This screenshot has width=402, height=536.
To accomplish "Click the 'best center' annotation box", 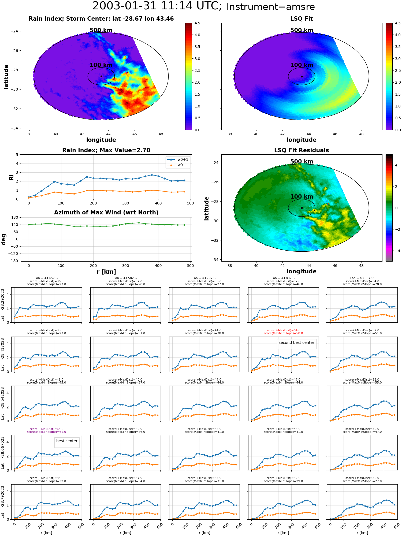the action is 67,441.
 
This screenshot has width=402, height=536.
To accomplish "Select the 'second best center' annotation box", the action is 296,343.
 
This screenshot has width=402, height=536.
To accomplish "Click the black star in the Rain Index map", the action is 101,76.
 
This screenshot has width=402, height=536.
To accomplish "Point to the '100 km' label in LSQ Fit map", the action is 302,65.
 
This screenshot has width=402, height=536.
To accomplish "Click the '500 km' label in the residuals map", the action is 302,162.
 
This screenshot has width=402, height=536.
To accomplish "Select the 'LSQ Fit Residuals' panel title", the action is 301,150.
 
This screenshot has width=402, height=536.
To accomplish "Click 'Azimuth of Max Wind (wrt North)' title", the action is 106,213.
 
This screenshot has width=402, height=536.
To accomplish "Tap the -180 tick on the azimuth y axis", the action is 15,261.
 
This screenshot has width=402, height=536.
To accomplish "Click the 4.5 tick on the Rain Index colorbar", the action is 197,23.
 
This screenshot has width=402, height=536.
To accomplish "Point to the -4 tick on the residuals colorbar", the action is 396,251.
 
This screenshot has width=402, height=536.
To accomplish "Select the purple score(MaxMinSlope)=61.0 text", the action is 46,432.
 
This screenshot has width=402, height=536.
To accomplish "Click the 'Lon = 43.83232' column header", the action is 283,278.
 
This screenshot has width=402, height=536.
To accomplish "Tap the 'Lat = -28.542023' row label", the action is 3,403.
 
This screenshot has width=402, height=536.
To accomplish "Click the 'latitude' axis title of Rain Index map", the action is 6,77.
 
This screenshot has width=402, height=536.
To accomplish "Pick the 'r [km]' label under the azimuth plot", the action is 106,272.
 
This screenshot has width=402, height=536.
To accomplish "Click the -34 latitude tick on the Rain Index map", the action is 14,128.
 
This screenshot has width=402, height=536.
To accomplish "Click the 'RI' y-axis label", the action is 11,177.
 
